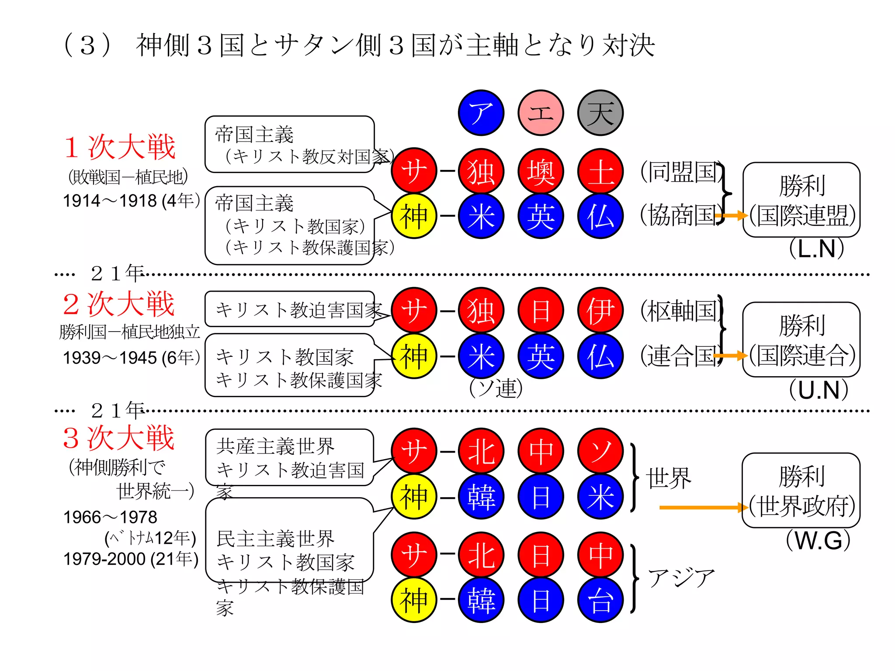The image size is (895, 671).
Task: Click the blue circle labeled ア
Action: pyautogui.click(x=481, y=113)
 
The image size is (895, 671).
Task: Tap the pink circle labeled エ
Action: pyautogui.click(x=541, y=113)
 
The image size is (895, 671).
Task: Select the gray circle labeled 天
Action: pyautogui.click(x=600, y=113)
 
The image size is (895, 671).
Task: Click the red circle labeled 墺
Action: pyautogui.click(x=541, y=171)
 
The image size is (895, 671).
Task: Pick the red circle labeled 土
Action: pyautogui.click(x=600, y=171)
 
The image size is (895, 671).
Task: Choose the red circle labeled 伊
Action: pyautogui.click(x=600, y=311)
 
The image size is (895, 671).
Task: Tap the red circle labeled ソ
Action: pyautogui.click(x=600, y=451)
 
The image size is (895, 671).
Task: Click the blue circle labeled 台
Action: pyautogui.click(x=600, y=600)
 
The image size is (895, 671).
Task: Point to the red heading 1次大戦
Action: pyautogui.click(x=120, y=147)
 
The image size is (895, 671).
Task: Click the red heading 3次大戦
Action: pyautogui.click(x=119, y=438)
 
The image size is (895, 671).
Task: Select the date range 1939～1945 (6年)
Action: pyautogui.click(x=131, y=358)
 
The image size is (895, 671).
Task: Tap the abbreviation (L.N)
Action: pyautogui.click(x=816, y=249)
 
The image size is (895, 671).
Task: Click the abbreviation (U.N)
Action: pyautogui.click(x=818, y=390)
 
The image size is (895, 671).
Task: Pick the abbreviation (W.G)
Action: pyautogui.click(x=818, y=540)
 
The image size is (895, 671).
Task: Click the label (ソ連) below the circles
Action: pyautogui.click(x=496, y=388)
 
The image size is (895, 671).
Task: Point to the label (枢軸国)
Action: pyautogui.click(x=680, y=311)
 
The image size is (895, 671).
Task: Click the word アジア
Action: pyautogui.click(x=681, y=578)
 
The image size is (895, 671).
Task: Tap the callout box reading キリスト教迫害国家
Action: pyautogui.click(x=290, y=309)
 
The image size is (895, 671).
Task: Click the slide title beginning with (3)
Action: pyautogui.click(x=358, y=45)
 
